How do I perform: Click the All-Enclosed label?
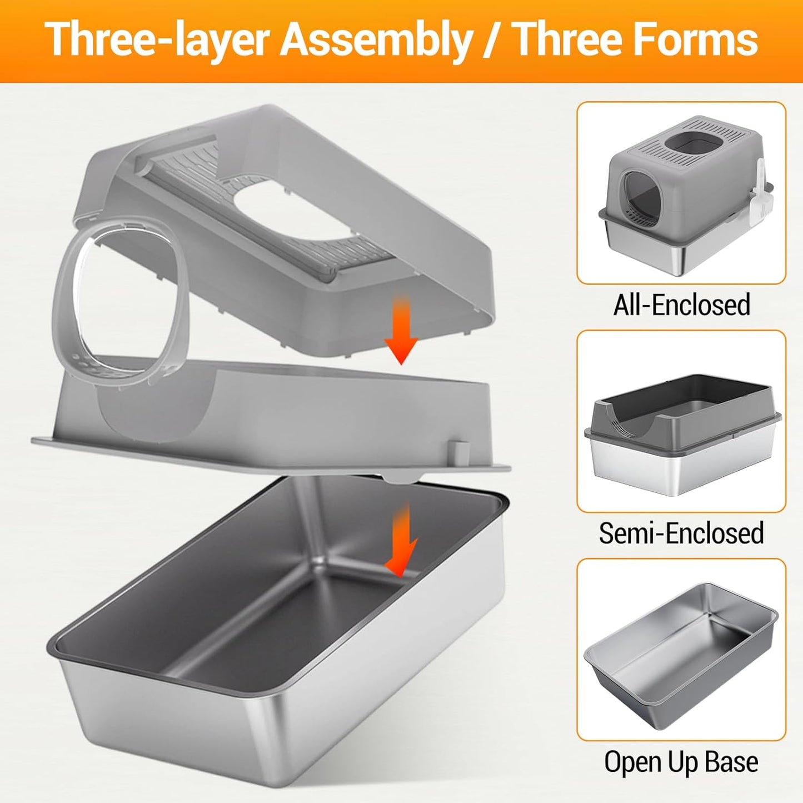(681, 305)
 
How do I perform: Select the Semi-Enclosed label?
(681, 533)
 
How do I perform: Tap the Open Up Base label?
(681, 761)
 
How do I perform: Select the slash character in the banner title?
(490, 40)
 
